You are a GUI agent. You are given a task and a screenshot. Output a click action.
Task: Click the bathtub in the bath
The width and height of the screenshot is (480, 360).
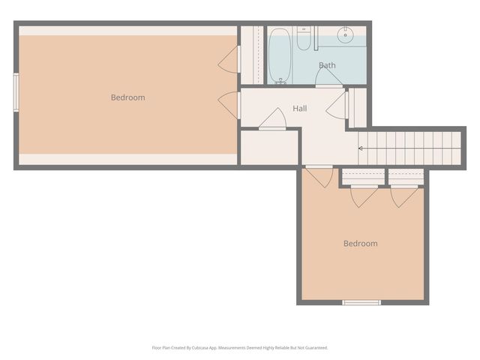(x=279, y=56)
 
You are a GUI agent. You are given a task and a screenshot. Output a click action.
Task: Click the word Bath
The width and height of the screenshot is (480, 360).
(x=327, y=65)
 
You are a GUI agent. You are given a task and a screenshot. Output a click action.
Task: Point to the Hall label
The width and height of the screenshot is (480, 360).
(x=300, y=109)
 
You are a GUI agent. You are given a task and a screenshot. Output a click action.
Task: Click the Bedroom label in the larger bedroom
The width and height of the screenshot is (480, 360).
(x=127, y=97)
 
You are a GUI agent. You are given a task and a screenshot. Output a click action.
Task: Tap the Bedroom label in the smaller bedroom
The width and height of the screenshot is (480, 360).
(x=360, y=244)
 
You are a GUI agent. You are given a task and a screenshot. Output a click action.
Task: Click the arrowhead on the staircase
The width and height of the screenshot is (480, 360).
(x=361, y=148)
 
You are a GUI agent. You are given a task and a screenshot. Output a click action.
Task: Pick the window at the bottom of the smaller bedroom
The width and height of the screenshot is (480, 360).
(x=361, y=302)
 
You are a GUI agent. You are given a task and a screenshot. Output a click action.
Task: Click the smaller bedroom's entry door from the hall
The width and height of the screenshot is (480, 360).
(x=319, y=176)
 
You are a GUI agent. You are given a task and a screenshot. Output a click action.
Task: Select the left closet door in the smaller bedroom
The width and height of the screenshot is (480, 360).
(x=364, y=196)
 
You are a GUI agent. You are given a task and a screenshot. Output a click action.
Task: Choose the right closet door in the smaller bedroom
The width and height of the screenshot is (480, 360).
(x=405, y=196)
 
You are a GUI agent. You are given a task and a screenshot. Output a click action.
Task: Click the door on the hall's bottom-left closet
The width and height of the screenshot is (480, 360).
(x=272, y=120)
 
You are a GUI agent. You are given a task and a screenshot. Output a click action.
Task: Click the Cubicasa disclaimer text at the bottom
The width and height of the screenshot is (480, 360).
(x=240, y=347)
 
